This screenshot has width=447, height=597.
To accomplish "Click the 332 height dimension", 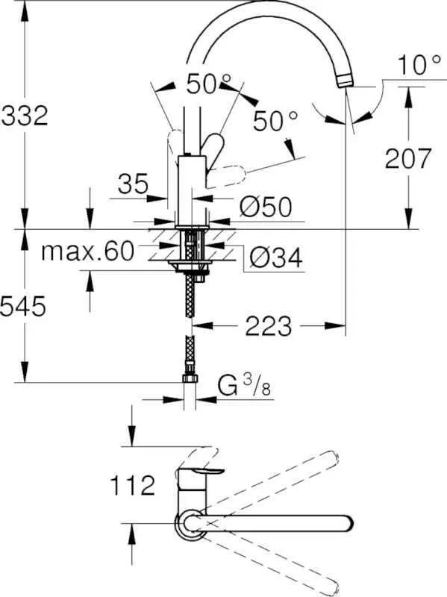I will (25, 116).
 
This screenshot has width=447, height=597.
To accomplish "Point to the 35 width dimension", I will (133, 183).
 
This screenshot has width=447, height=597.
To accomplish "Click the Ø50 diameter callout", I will (264, 207).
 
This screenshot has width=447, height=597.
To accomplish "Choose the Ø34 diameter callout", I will (274, 257).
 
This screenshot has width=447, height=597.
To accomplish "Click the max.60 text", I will (87, 251).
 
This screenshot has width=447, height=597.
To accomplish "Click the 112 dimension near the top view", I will (132, 487).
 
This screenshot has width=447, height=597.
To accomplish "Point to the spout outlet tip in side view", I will (347, 80).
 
